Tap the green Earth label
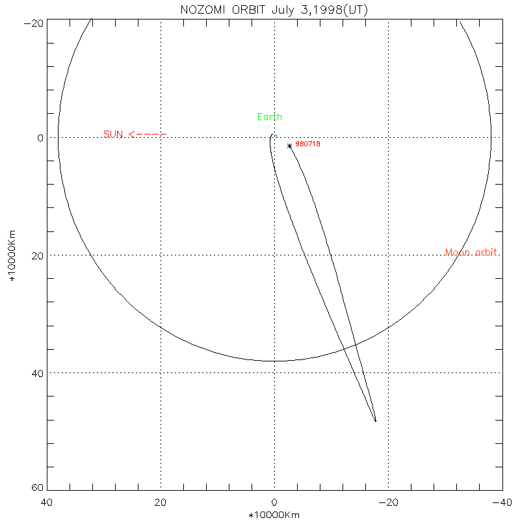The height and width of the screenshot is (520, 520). tap(270, 117)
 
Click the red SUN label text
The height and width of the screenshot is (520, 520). tap(113, 135)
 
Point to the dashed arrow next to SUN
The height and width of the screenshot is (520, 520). tap(148, 135)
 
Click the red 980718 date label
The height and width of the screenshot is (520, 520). tap(307, 144)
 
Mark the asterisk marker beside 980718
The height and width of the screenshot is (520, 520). tap(289, 146)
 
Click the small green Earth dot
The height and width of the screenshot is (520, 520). tap(276, 136)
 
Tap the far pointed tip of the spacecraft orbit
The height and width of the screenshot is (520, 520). tap(376, 421)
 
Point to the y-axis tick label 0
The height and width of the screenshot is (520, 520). tap(40, 138)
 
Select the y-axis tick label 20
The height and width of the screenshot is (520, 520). tap(37, 255)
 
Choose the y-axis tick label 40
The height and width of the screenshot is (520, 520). tap(37, 373)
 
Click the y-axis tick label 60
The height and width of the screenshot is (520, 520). tap(37, 488)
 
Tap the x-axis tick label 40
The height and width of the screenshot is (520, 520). tap(47, 502)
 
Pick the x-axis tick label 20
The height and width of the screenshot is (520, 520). tap(161, 502)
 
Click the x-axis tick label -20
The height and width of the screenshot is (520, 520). tap(388, 502)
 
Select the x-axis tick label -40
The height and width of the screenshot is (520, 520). tap(501, 502)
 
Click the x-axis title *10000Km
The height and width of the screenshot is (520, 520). tap(274, 515)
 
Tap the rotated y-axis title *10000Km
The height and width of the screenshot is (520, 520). tap(12, 255)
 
